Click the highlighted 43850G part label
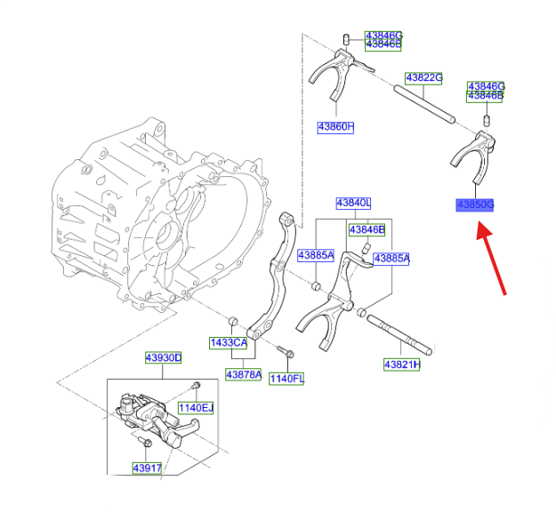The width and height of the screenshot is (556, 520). coord(474,205)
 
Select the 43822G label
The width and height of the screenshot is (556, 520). coord(424,77)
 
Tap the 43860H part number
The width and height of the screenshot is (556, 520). coord(335,127)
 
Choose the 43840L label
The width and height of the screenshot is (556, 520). coord(353,204)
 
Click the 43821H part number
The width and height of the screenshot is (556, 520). coord(402,364)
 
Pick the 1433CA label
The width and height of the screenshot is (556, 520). coord(228,342)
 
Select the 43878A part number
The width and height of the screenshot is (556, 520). coord(244,374)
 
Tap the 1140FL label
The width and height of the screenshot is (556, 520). coord(286,379)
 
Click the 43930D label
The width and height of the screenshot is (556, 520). coord(164,358)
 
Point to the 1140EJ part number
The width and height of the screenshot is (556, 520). coord(195,408)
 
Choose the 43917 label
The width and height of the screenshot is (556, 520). coord(147,468)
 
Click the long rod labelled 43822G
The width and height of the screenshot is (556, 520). coord(424,103)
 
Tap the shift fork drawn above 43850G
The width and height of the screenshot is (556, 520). coord(474,151)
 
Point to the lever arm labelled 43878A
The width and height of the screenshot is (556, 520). coord(270,276)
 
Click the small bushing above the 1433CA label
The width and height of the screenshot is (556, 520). coord(233,319)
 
